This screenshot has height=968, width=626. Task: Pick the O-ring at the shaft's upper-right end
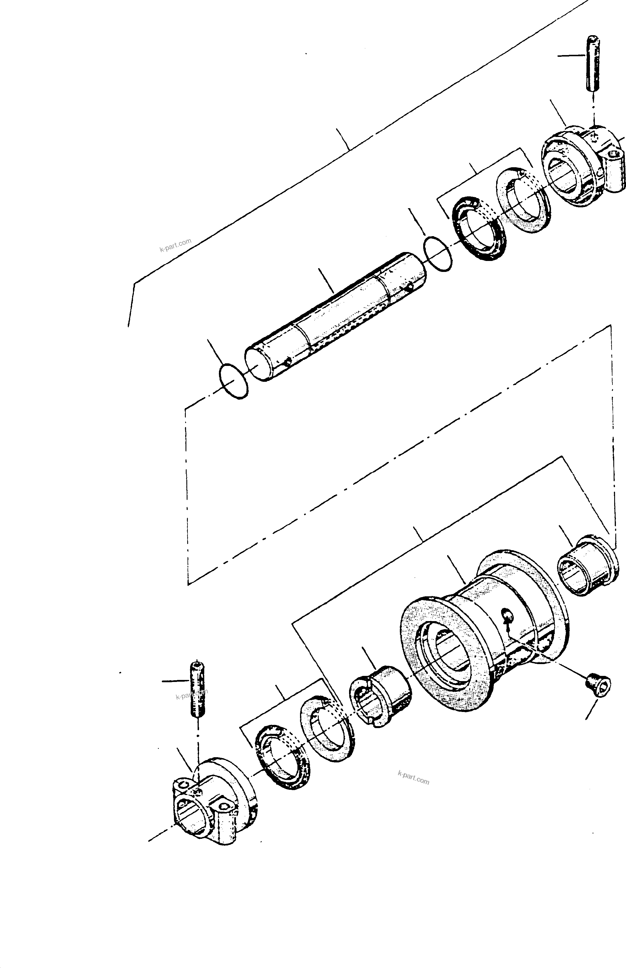point(437,254)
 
